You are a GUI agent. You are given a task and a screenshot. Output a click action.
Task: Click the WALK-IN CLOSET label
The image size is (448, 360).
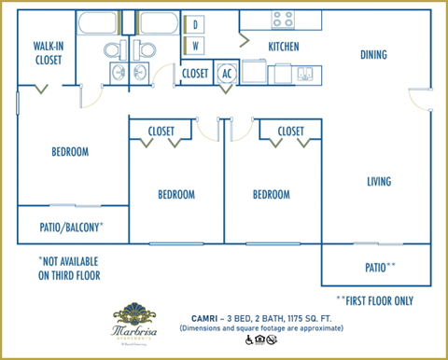click(x=48, y=52)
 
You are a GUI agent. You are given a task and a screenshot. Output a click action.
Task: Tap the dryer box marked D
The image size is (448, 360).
click(x=196, y=25)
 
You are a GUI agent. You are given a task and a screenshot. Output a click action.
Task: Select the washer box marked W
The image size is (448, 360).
click(x=196, y=45)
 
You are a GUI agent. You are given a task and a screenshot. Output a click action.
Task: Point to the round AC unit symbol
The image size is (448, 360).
click(x=227, y=74)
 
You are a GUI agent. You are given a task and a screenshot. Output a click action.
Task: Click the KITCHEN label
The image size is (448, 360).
click(x=283, y=46)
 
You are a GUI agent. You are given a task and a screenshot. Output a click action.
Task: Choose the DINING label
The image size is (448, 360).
click(x=373, y=55)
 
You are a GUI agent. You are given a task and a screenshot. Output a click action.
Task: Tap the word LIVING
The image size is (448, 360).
click(x=378, y=181)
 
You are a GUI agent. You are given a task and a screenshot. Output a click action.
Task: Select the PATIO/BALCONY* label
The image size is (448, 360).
click(x=72, y=227)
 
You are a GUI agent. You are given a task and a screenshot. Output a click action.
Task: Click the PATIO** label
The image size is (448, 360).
click(x=380, y=267)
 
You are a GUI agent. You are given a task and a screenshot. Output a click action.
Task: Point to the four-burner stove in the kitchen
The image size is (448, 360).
click(x=283, y=19)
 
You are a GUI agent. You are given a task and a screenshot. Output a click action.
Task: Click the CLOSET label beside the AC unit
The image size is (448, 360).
click(x=195, y=73)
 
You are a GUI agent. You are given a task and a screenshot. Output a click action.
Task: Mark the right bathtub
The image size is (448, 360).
click(x=158, y=22)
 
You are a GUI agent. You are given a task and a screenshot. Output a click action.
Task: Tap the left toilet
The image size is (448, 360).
click(x=110, y=48)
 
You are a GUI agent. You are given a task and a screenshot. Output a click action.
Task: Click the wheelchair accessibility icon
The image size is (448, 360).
click(x=249, y=340)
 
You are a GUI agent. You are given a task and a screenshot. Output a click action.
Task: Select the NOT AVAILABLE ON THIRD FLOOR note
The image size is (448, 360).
click(x=68, y=269)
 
